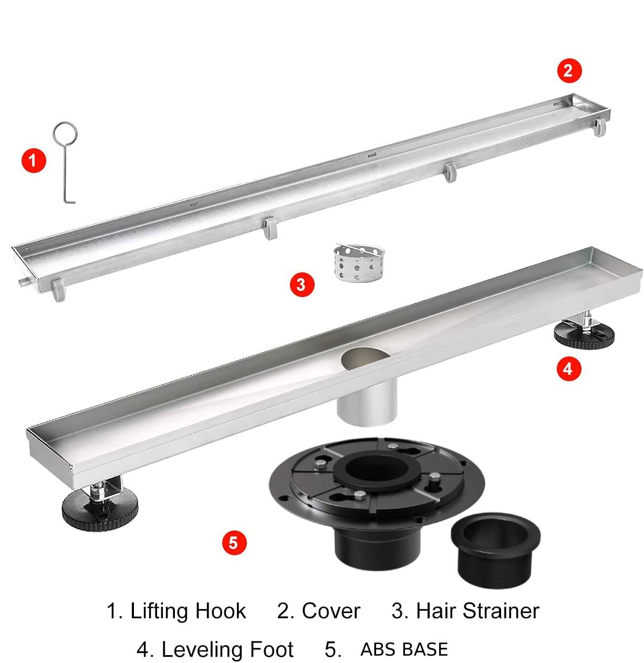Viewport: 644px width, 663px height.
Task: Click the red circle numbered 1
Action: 34,160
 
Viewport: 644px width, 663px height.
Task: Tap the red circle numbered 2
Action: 569,71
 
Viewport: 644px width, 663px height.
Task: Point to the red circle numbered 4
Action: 569,369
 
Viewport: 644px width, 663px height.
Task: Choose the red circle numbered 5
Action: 234,543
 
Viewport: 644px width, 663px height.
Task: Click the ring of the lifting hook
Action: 65,124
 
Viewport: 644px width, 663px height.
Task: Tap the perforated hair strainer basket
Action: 359,263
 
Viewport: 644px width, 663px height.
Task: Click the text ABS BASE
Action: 404,649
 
